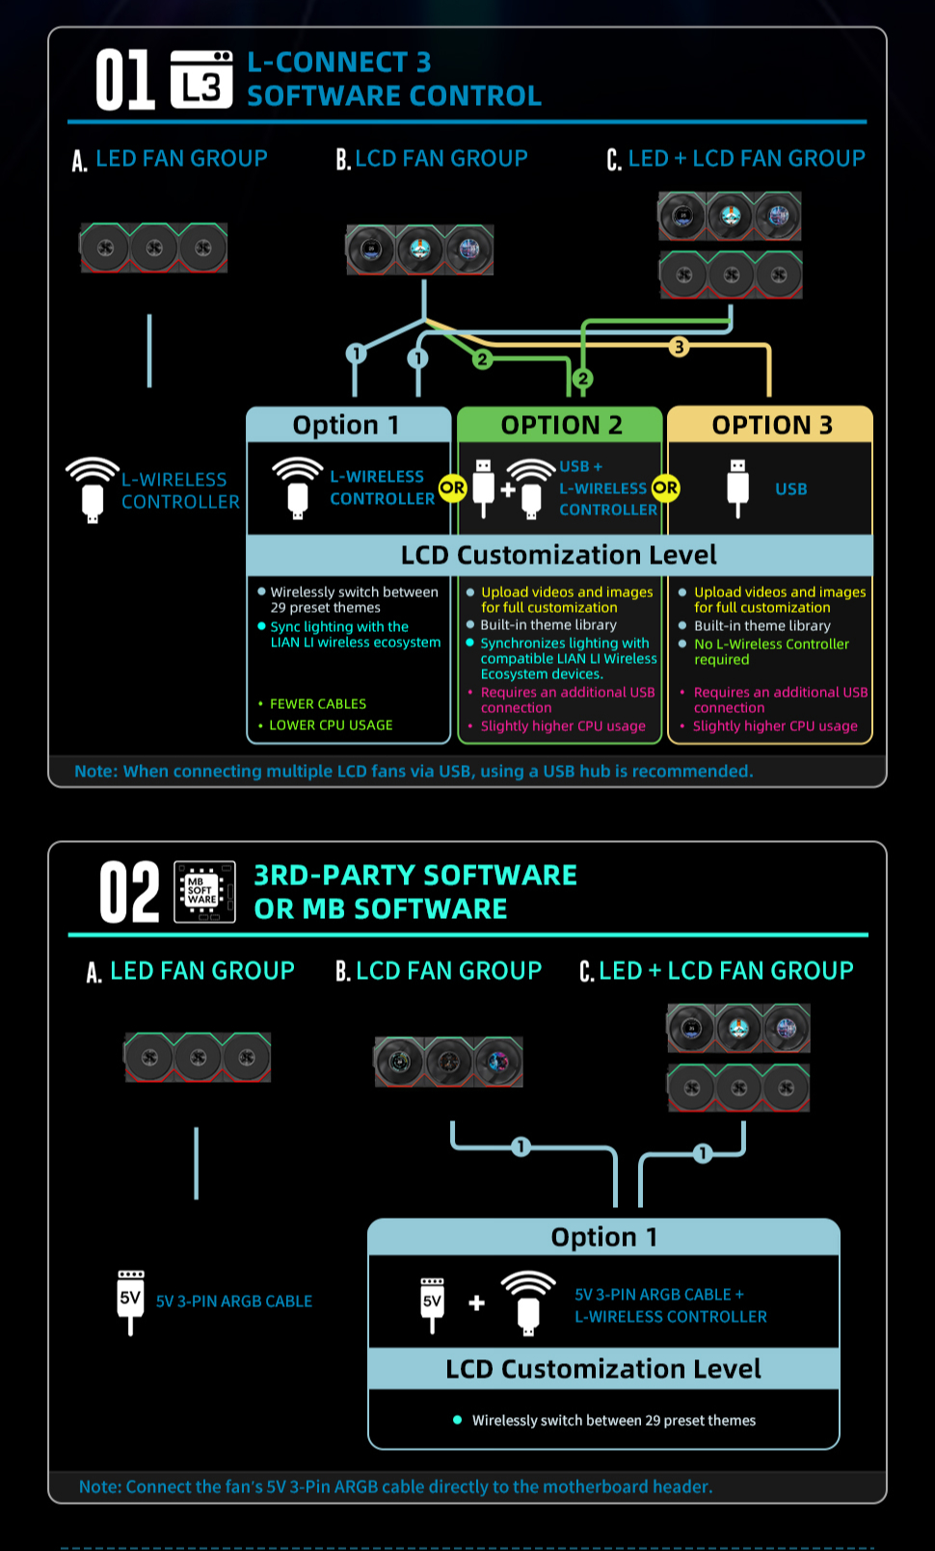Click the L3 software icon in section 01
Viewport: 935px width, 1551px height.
pyautogui.click(x=201, y=80)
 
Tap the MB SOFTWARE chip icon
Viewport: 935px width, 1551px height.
pyautogui.click(x=204, y=892)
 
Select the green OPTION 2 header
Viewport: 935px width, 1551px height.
pyautogui.click(x=560, y=425)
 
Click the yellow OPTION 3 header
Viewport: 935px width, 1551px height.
pyautogui.click(x=770, y=425)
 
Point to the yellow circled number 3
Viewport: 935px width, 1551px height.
pyautogui.click(x=679, y=346)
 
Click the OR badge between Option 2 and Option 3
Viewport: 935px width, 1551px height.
pyautogui.click(x=665, y=488)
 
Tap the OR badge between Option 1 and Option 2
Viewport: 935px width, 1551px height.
pyautogui.click(x=452, y=488)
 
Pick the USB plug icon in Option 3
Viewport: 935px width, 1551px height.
pyautogui.click(x=737, y=488)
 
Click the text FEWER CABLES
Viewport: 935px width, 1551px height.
pyautogui.click(x=318, y=703)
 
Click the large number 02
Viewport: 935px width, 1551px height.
pyautogui.click(x=129, y=892)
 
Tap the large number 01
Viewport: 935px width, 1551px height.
pyautogui.click(x=124, y=80)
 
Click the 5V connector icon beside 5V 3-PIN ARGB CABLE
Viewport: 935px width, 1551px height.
pyautogui.click(x=130, y=1301)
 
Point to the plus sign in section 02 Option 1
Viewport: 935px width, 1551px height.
pyautogui.click(x=476, y=1303)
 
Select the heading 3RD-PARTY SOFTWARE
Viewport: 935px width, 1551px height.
pyautogui.click(x=415, y=875)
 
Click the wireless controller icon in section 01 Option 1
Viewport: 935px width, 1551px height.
pyautogui.click(x=298, y=487)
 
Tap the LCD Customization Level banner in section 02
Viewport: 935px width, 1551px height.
pyautogui.click(x=603, y=1368)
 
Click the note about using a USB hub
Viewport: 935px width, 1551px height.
pyautogui.click(x=414, y=771)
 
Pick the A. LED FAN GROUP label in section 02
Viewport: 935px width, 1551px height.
pyautogui.click(x=191, y=971)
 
